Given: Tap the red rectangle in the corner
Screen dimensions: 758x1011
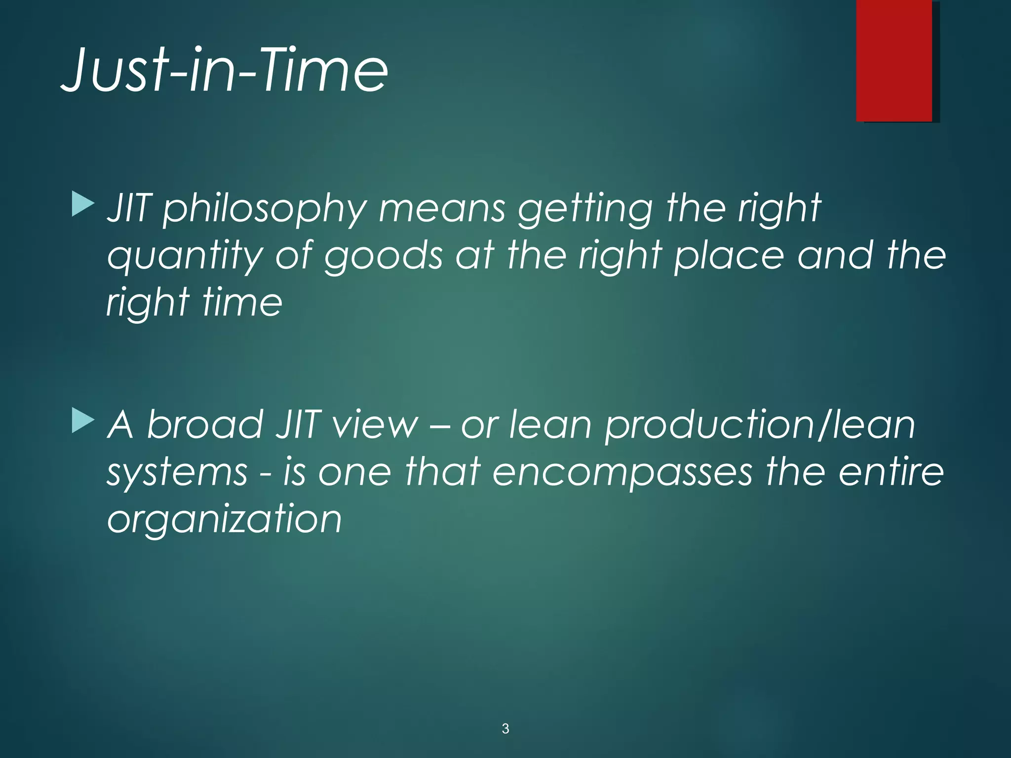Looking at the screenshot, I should click(894, 60).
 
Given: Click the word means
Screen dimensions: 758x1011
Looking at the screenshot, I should click(442, 208).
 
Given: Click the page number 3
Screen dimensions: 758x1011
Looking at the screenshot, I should click(505, 728).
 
